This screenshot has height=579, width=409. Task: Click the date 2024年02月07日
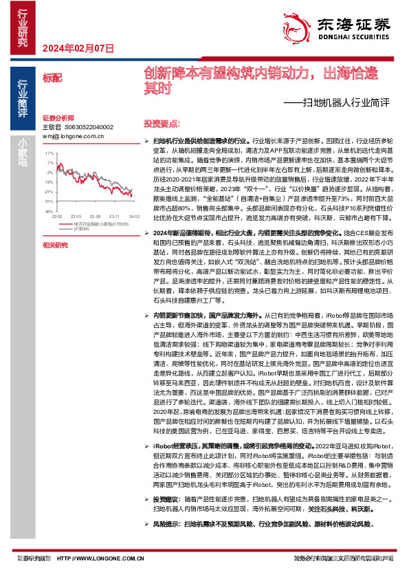78,48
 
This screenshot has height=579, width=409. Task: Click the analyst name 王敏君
52,127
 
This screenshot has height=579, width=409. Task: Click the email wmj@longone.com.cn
71,136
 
